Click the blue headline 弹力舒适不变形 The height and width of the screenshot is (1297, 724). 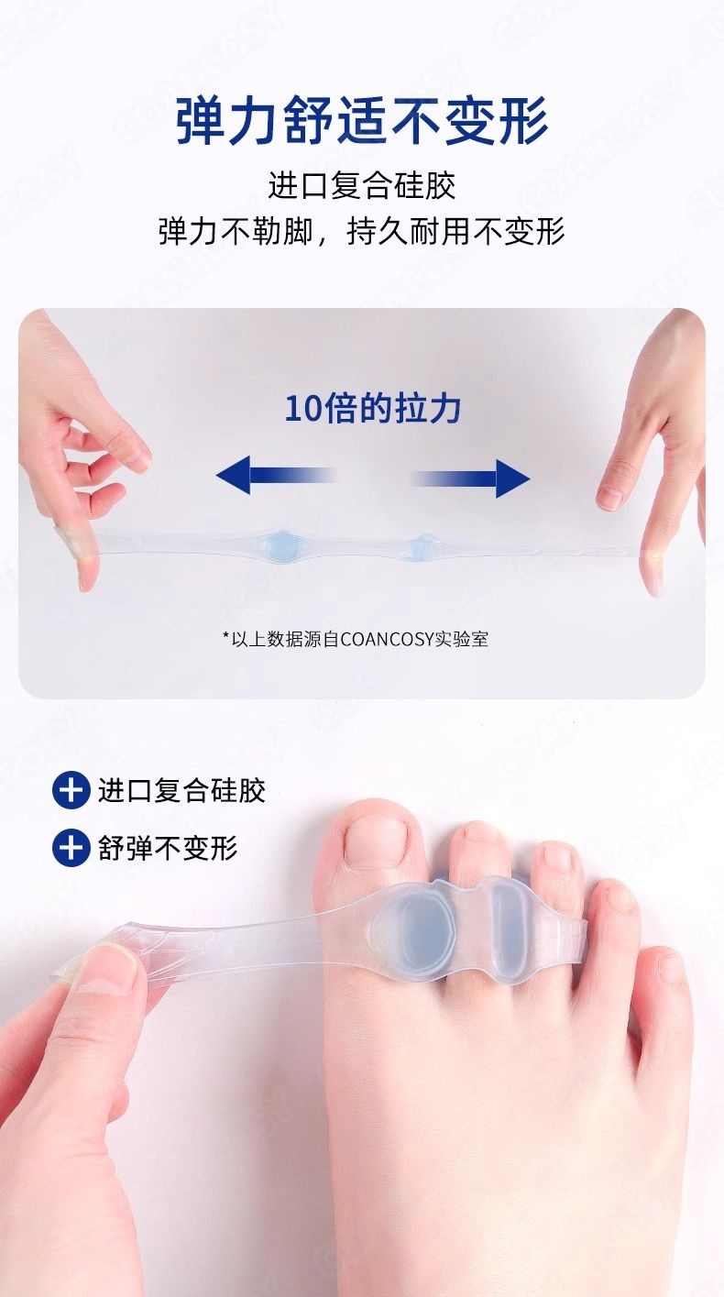(362, 122)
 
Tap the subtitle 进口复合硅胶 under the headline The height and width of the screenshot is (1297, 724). (362, 186)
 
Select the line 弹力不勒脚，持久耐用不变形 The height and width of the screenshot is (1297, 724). (362, 232)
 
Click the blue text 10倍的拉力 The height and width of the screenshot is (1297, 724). (373, 409)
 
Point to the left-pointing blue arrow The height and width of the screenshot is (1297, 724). (276, 476)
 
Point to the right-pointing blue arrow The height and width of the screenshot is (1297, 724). (470, 478)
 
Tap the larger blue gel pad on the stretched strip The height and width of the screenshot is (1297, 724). (280, 544)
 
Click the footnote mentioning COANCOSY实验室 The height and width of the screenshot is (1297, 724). (356, 639)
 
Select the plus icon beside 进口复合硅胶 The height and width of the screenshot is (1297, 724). (71, 791)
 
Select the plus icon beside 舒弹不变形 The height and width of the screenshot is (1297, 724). (71, 848)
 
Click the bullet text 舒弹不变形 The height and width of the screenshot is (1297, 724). (168, 848)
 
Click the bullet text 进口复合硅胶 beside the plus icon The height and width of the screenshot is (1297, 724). (181, 791)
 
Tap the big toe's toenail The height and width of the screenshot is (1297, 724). (373, 842)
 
